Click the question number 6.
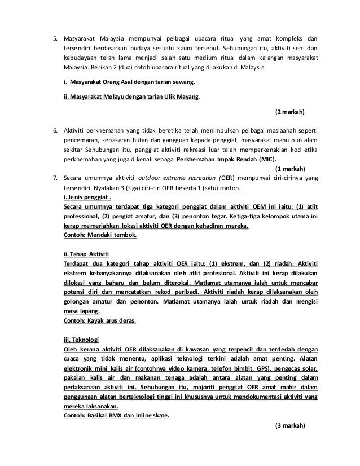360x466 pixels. coord(55,130)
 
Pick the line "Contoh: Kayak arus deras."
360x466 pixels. coord(102,321)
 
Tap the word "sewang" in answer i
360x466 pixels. coord(191,82)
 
